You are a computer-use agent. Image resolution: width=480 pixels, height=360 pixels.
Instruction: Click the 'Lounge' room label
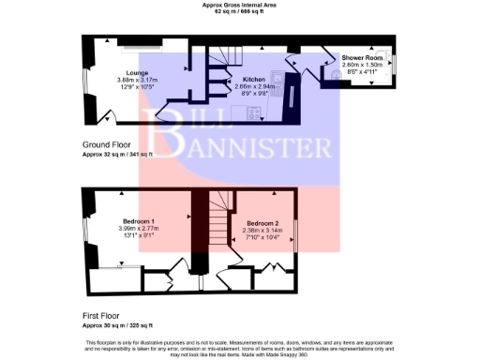click(138, 72)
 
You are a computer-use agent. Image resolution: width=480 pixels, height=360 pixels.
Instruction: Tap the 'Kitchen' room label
click(254, 80)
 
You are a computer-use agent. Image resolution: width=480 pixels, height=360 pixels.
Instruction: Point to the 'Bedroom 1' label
click(138, 219)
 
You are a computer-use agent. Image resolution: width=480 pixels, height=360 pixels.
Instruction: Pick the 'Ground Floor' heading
click(108, 145)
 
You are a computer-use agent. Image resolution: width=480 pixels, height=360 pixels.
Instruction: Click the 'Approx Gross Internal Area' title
click(240, 4)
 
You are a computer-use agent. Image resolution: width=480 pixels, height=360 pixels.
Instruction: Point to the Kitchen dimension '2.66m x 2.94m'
click(254, 86)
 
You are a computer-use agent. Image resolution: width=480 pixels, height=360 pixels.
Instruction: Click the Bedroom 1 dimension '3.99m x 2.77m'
click(138, 227)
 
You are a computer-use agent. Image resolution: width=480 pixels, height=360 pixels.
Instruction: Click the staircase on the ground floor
click(222, 61)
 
